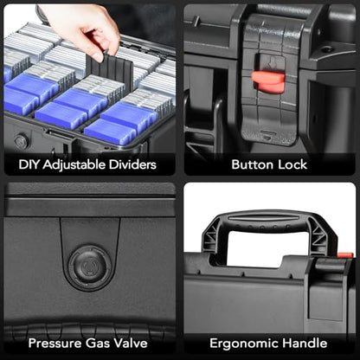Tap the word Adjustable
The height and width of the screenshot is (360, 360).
pyautogui.click(x=74, y=165)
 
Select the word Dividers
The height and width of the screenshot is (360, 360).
pyautogui.click(x=132, y=164)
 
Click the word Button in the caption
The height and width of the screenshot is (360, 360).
pyautogui.click(x=253, y=164)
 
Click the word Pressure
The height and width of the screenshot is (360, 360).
pyautogui.click(x=55, y=344)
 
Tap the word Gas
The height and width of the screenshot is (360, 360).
pyautogui.click(x=98, y=344)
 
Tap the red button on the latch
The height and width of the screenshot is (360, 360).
pyautogui.click(x=268, y=80)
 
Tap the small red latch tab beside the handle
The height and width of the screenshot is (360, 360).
pyautogui.click(x=345, y=255)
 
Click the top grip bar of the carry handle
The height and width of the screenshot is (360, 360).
pyautogui.click(x=270, y=218)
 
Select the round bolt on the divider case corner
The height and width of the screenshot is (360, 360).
pyautogui.click(x=22, y=141)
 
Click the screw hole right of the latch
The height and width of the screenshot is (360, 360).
pyautogui.click(x=326, y=49)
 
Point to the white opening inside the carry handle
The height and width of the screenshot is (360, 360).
pyautogui.click(x=268, y=247)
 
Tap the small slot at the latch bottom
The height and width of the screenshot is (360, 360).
pyautogui.click(x=267, y=133)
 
